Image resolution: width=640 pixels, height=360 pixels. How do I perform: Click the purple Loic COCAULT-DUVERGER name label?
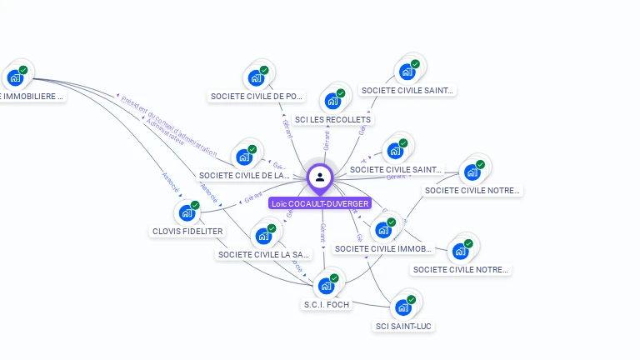pos(320,203)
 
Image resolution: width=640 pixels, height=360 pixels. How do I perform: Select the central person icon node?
pos(320,177)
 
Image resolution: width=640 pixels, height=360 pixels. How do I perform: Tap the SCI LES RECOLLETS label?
pos(332,120)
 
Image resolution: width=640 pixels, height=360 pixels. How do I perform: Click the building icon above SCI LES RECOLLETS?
pos(333,100)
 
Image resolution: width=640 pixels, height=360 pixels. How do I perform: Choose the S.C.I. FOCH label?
pos(327,305)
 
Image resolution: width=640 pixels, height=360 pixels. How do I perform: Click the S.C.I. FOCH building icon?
pos(326,285)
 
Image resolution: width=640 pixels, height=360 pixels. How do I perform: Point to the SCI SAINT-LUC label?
pos(404,326)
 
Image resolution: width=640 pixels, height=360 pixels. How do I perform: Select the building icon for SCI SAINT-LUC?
pos(404,306)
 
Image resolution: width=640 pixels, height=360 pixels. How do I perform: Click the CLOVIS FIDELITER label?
pos(187,231)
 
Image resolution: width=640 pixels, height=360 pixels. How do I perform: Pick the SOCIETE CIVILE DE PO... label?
pos(257,97)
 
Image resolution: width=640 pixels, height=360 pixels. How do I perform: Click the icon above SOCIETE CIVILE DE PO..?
pos(257,77)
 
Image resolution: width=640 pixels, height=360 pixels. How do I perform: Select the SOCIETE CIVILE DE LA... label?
pos(244,176)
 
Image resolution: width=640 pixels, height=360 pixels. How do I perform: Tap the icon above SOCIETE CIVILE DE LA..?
pos(244,156)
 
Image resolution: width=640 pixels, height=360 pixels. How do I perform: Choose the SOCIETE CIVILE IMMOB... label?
pos(383,248)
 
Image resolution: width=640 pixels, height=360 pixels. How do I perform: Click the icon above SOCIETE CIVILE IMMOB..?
pos(383,229)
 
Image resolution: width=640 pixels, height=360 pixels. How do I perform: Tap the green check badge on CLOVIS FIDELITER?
pos(195,205)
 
